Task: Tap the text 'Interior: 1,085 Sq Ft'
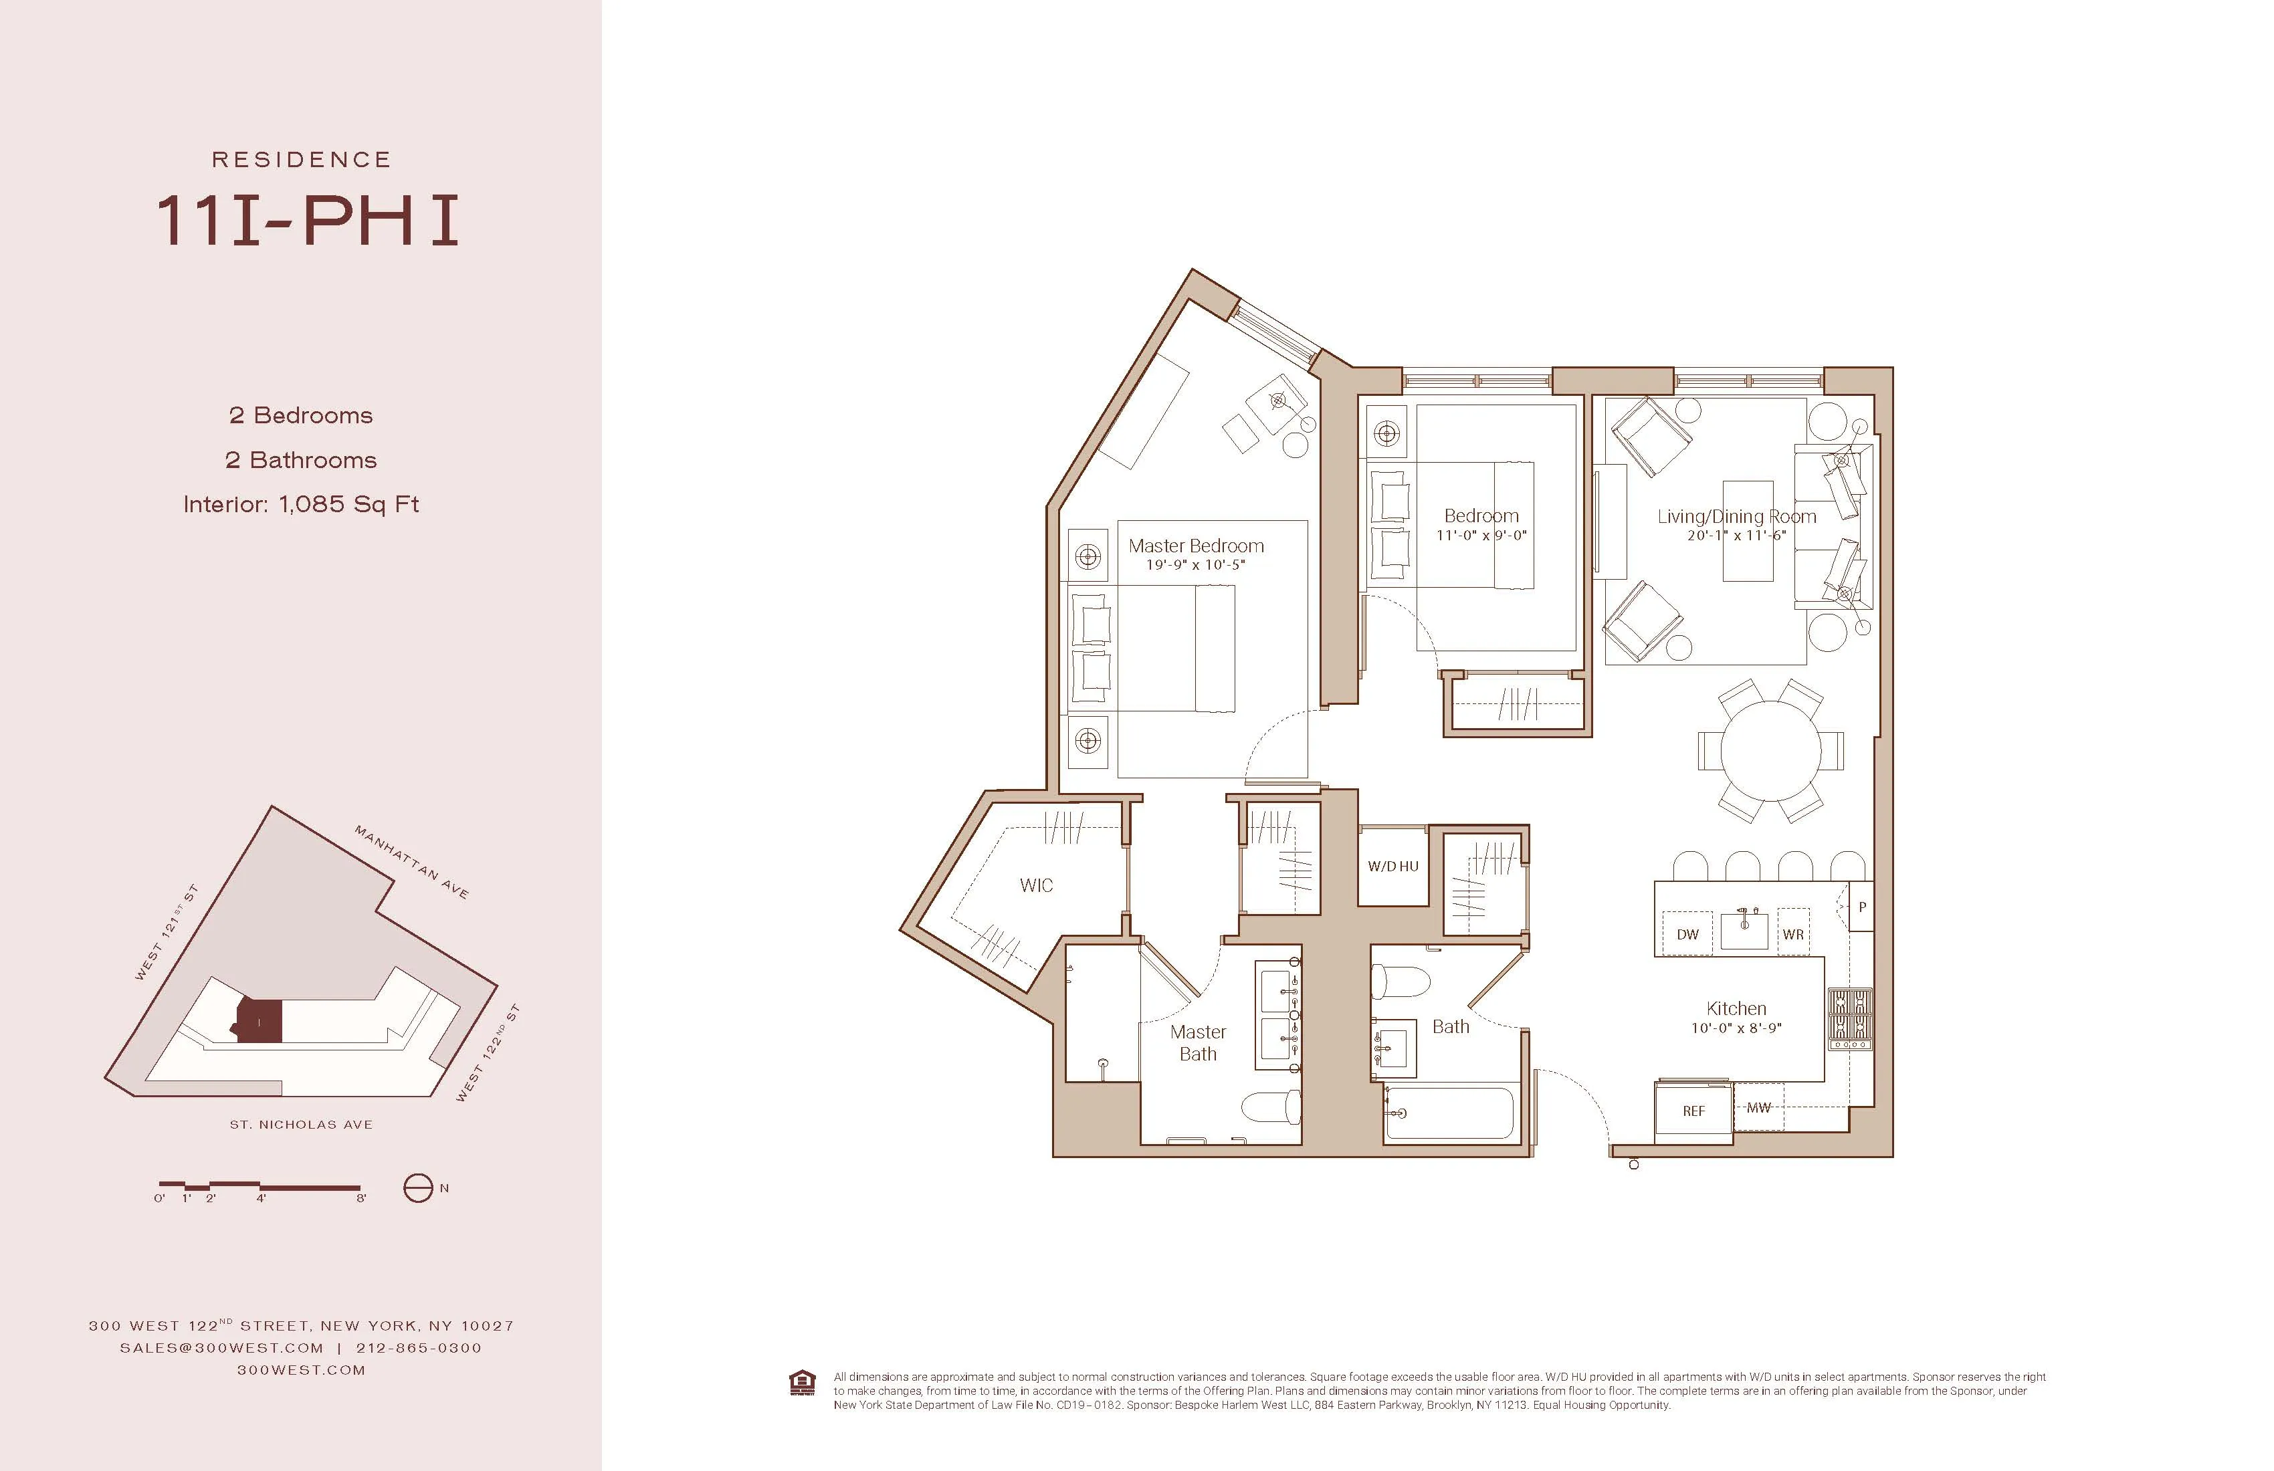[301, 504]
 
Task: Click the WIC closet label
[1036, 885]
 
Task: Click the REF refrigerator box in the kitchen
[1693, 1111]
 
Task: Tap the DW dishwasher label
[1687, 934]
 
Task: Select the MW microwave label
[1758, 1108]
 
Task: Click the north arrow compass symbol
[417, 1188]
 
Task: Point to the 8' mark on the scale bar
[361, 1198]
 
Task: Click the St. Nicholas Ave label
[301, 1124]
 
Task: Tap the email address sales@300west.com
[221, 1348]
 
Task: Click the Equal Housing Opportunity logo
[803, 1383]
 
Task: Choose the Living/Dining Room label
[1736, 517]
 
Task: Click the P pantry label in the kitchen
[1861, 907]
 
